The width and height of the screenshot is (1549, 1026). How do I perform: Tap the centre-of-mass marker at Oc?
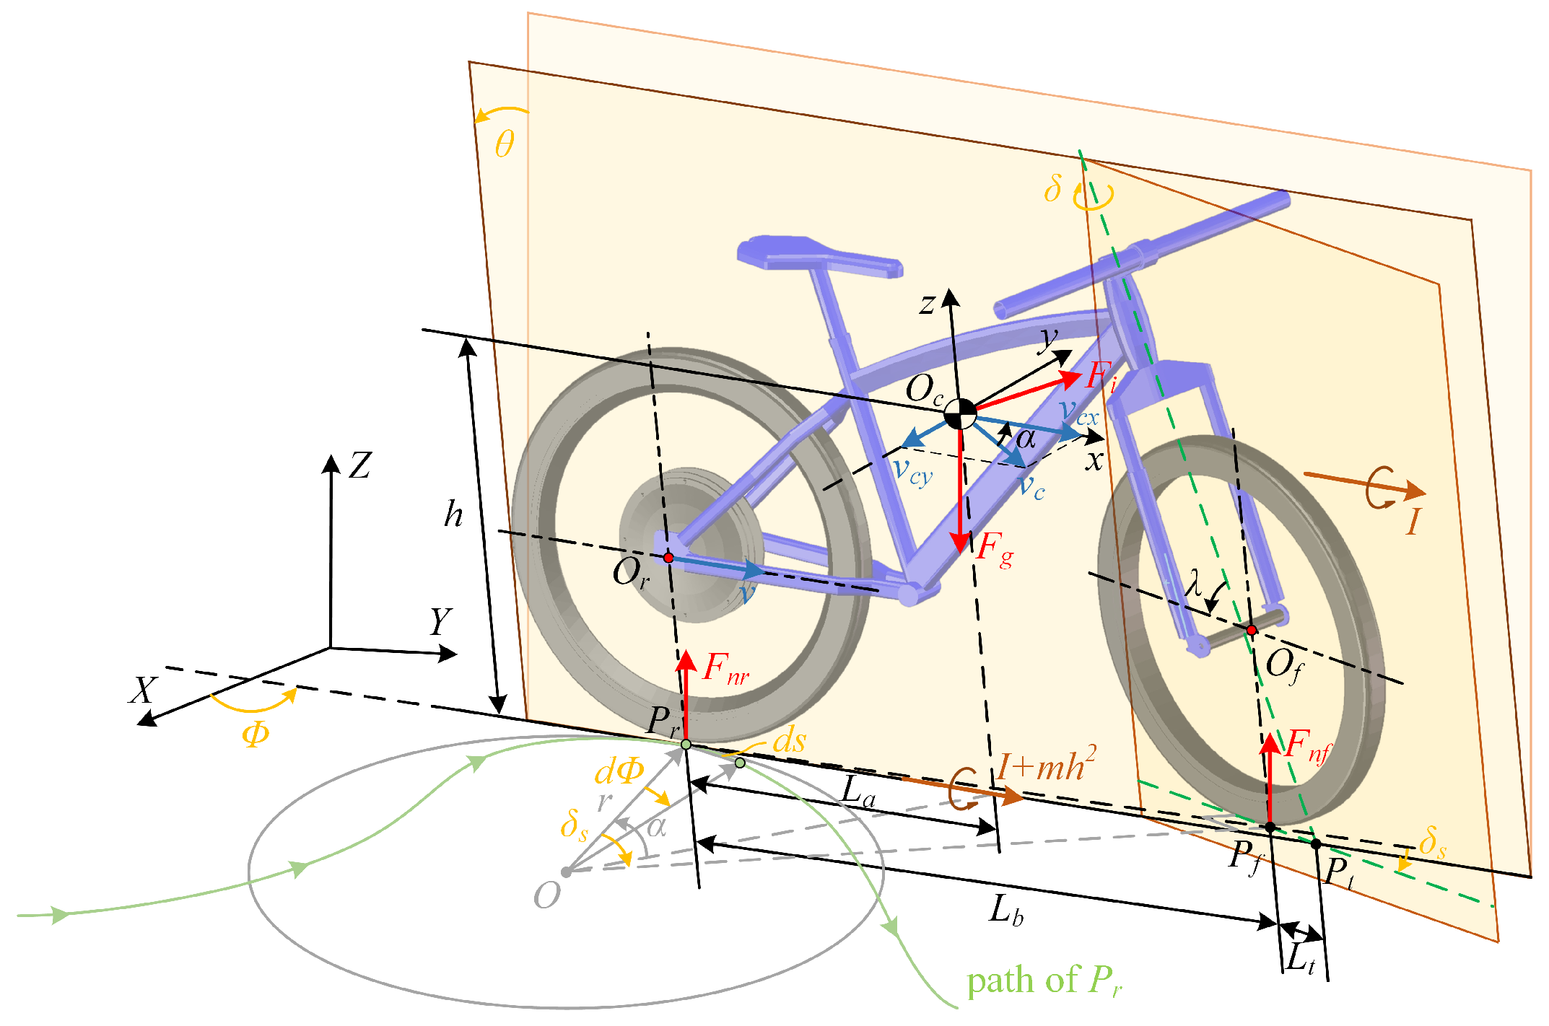(x=960, y=414)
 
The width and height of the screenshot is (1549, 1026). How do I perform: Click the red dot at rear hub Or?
(x=668, y=558)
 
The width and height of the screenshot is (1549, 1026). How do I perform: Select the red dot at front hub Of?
(x=1252, y=630)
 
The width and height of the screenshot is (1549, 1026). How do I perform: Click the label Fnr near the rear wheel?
(x=725, y=668)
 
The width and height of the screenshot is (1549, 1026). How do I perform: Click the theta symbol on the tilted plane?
(x=505, y=144)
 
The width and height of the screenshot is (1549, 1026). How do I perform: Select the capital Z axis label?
(x=359, y=466)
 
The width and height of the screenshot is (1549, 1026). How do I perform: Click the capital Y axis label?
(x=440, y=621)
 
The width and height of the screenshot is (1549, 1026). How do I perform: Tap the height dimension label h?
(x=453, y=514)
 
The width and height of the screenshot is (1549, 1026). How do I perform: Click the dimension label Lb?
(x=1005, y=910)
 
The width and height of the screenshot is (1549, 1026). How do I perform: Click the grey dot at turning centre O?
(x=567, y=872)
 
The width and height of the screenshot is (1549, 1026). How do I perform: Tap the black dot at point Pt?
(x=1316, y=844)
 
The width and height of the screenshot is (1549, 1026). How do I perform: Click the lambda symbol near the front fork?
(x=1195, y=583)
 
